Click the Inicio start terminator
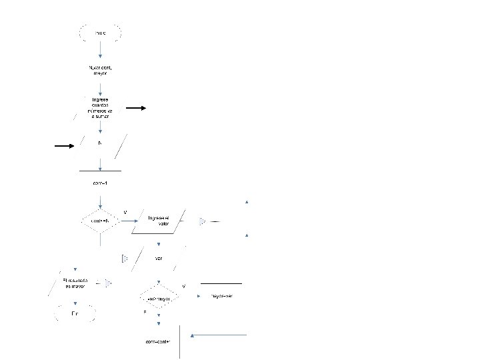(x=100, y=32)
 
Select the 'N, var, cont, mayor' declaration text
(x=100, y=70)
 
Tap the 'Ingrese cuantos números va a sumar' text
(x=100, y=108)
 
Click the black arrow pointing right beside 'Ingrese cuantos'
(x=136, y=107)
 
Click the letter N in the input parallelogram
(x=100, y=143)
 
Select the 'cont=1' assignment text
(x=100, y=183)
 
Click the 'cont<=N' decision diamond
(x=100, y=221)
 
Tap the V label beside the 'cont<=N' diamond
(x=125, y=212)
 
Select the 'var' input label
(x=158, y=258)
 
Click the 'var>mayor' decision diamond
(x=158, y=299)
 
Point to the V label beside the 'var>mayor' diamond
(x=183, y=287)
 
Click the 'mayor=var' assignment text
(x=221, y=295)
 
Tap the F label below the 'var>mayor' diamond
(x=145, y=312)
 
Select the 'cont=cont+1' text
(x=158, y=342)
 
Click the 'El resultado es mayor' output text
(x=75, y=283)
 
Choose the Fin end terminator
(x=76, y=313)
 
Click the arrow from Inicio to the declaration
(x=100, y=49)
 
